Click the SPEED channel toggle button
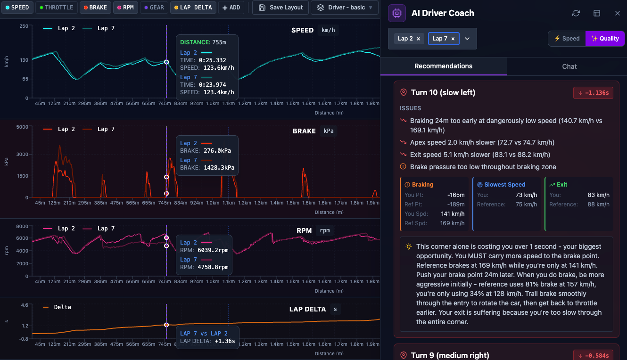[x=17, y=8]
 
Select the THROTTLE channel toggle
[x=57, y=8]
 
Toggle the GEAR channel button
[x=154, y=8]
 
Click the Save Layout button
[x=281, y=8]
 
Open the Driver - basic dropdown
[x=345, y=8]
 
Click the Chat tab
[x=569, y=66]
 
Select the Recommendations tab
[x=443, y=66]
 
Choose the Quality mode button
[x=605, y=39]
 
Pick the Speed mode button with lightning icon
[x=567, y=39]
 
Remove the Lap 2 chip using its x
[x=418, y=39]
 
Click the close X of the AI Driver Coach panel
[x=617, y=13]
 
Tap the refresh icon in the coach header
[x=576, y=13]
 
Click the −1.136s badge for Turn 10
[x=593, y=93]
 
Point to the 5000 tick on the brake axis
[x=22, y=127]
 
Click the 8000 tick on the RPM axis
[x=22, y=226]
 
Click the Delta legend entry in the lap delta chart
[x=57, y=307]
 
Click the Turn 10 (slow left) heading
[x=443, y=93]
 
